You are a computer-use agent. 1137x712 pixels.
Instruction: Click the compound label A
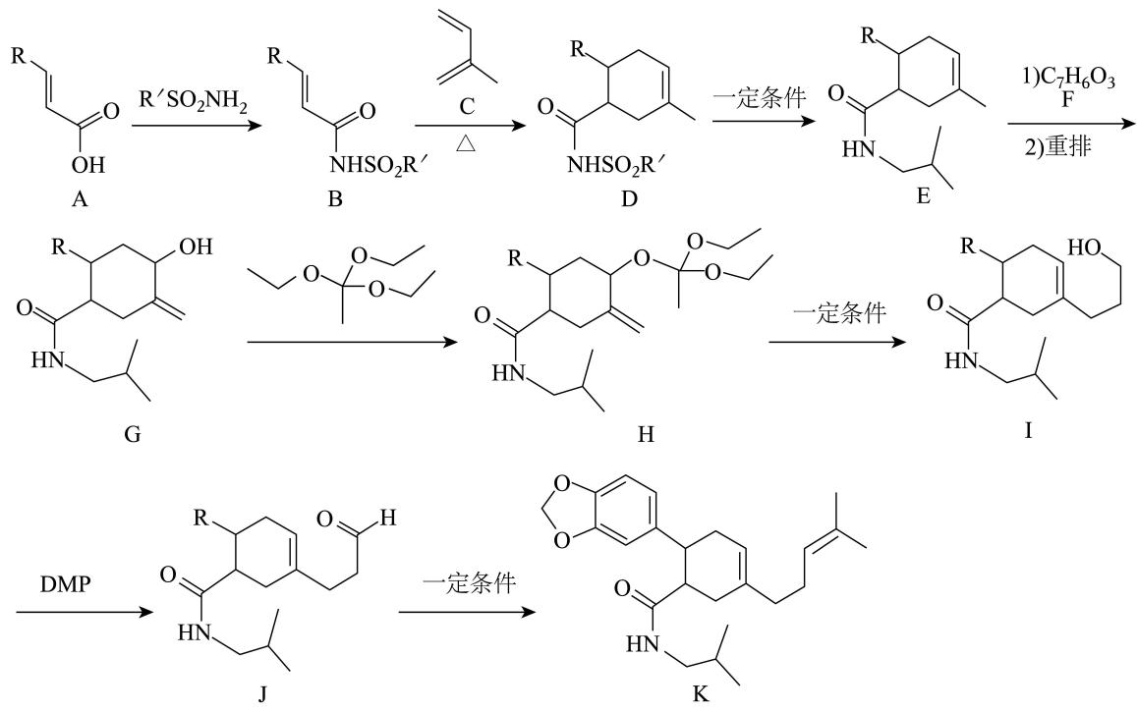[79, 198]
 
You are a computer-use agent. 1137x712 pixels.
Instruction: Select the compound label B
[334, 198]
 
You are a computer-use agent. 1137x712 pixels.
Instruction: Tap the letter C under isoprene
[466, 106]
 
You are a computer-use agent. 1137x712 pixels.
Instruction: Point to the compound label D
[629, 198]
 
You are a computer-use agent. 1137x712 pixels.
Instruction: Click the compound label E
[923, 195]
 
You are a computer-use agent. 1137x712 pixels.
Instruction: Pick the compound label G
[133, 435]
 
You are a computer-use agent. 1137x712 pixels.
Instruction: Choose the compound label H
[646, 435]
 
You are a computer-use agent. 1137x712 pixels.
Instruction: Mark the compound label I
[1028, 431]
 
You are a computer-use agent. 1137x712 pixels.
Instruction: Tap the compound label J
[262, 694]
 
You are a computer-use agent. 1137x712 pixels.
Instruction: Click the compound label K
[700, 694]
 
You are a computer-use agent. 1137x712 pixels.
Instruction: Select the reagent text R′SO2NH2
[193, 102]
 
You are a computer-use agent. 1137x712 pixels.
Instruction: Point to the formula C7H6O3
[1069, 78]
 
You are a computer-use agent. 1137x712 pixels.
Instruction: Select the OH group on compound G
[196, 247]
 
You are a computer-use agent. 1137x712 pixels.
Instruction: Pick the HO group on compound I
[1085, 247]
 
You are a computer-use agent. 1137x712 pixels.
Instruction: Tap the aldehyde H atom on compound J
[388, 518]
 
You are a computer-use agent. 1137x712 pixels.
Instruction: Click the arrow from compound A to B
[196, 126]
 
